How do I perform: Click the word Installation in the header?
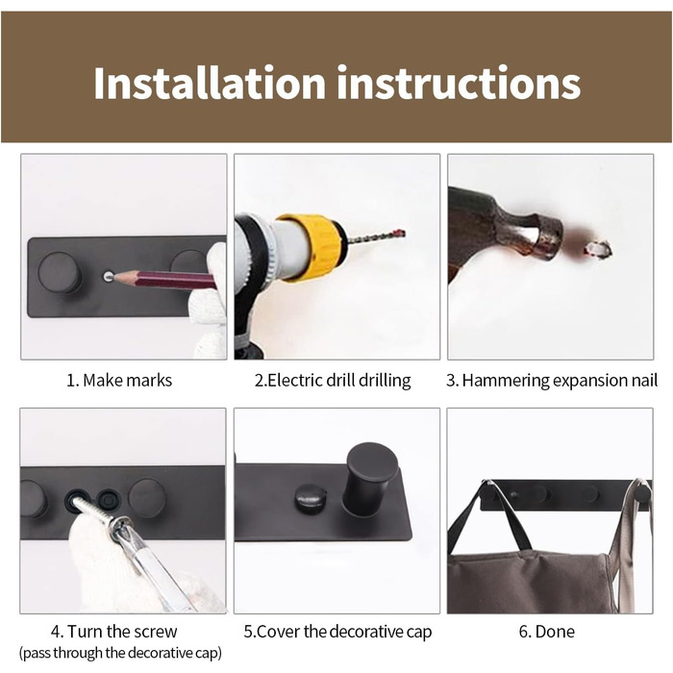pyautogui.click(x=210, y=83)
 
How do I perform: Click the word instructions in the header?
pyautogui.click(x=459, y=83)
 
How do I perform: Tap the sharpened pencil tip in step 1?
pyautogui.click(x=116, y=277)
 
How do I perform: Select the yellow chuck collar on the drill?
pyautogui.click(x=310, y=248)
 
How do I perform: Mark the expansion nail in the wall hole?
pyautogui.click(x=597, y=248)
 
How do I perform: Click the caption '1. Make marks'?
pyautogui.click(x=119, y=381)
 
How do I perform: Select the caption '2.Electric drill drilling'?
pyautogui.click(x=333, y=381)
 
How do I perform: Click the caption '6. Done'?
pyautogui.click(x=546, y=632)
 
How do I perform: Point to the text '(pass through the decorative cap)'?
pyautogui.click(x=120, y=653)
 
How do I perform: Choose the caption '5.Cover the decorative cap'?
pyautogui.click(x=337, y=632)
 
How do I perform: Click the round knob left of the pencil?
pyautogui.click(x=60, y=272)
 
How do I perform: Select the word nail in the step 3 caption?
pyautogui.click(x=644, y=381)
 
